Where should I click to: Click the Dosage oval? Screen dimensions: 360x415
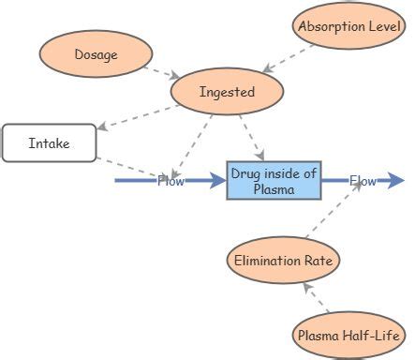[x=96, y=54]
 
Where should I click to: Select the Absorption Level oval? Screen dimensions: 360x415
[x=348, y=26]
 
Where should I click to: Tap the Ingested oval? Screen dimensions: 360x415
[x=227, y=92]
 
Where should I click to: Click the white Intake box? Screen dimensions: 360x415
[x=49, y=143]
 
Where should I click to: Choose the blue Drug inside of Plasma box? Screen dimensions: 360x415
[x=274, y=180]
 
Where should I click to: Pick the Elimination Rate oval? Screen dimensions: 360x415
[x=282, y=260]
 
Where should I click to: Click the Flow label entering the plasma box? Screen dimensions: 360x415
[x=170, y=181]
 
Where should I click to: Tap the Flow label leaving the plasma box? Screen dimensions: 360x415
[x=363, y=181]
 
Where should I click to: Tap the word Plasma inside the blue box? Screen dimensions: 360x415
[x=274, y=189]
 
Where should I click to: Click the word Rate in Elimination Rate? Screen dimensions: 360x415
[x=314, y=260]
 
